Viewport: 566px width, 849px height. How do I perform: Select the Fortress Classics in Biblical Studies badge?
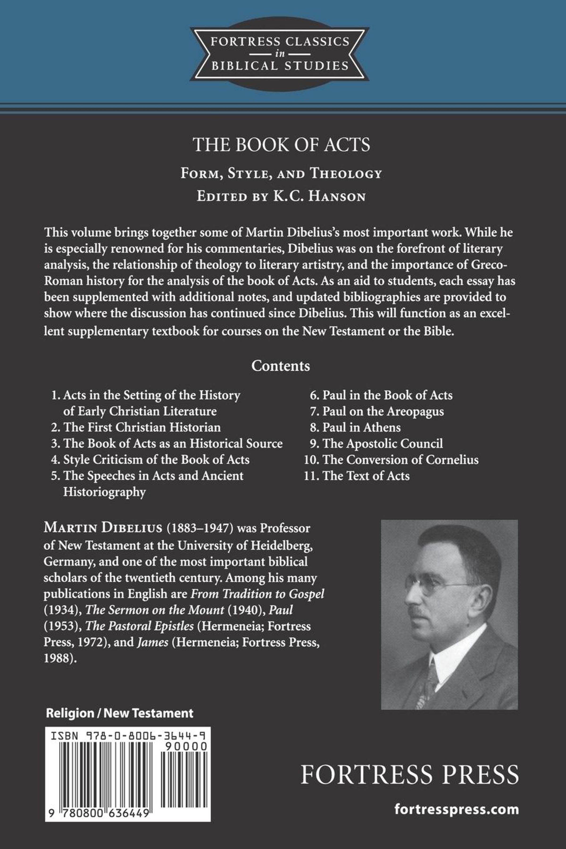(280, 54)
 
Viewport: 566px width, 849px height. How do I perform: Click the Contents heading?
(280, 366)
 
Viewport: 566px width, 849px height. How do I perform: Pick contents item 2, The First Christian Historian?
(142, 427)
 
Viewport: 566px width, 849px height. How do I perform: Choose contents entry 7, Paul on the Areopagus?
(383, 411)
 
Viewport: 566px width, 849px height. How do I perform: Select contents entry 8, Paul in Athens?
(361, 427)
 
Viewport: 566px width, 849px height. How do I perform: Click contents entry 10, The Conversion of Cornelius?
(400, 460)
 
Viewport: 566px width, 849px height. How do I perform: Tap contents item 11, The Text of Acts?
(366, 476)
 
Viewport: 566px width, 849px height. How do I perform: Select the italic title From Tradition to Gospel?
(257, 594)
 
